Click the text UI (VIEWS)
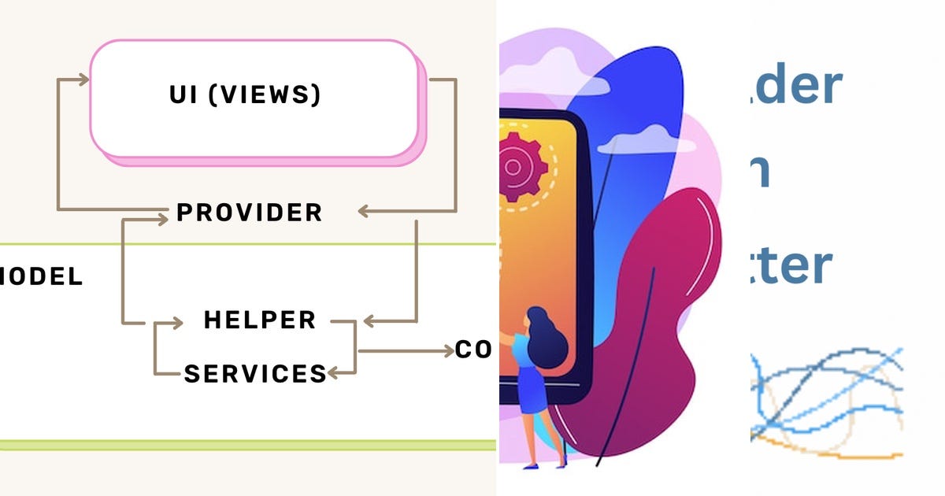pyautogui.click(x=246, y=94)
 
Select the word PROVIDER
pyautogui.click(x=250, y=213)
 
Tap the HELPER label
pyautogui.click(x=260, y=320)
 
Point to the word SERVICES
pyautogui.click(x=255, y=373)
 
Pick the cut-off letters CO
pyautogui.click(x=473, y=350)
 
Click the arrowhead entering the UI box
pyautogui.click(x=83, y=79)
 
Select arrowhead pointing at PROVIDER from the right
pyautogui.click(x=364, y=211)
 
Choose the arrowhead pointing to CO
pyautogui.click(x=447, y=350)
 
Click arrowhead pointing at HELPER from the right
pyautogui.click(x=369, y=321)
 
